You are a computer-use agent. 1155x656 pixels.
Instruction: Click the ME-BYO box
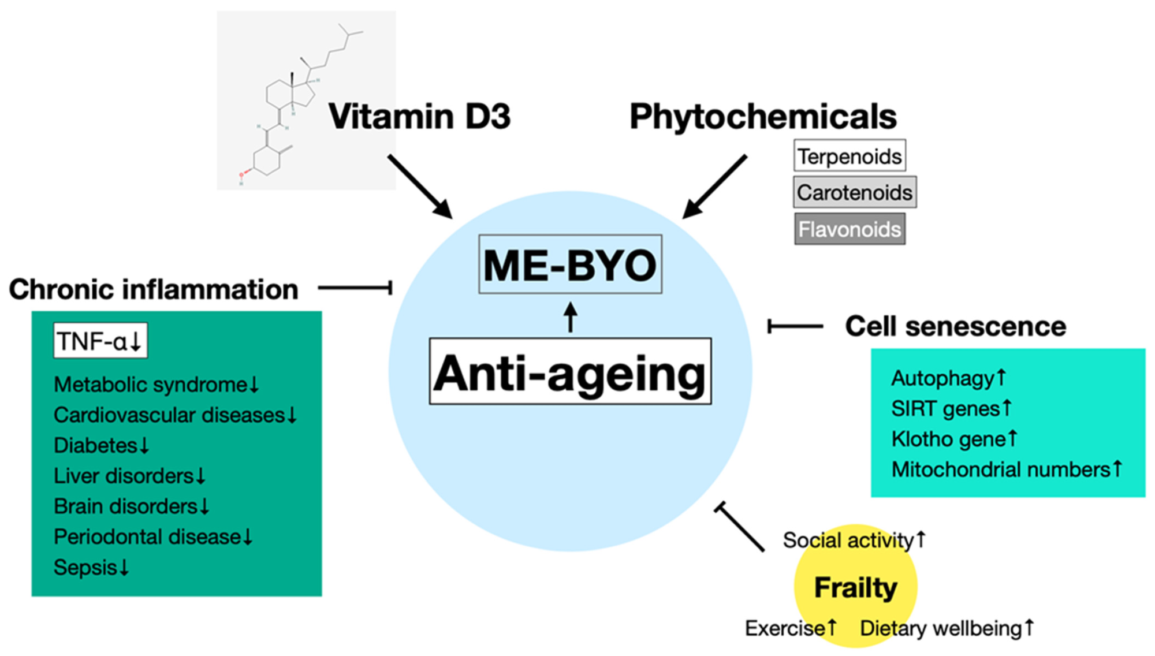(570, 264)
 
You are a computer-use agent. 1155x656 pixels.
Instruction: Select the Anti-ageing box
(570, 372)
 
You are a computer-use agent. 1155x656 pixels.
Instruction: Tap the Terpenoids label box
(849, 156)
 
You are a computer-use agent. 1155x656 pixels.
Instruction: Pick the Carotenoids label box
(854, 192)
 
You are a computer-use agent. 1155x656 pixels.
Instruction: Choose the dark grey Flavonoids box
(849, 229)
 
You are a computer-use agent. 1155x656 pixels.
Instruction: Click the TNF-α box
(100, 341)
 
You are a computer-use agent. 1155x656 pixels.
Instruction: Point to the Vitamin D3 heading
(419, 116)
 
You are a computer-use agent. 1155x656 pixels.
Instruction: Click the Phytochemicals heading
(762, 116)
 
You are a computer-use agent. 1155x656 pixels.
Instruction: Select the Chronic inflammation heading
(154, 289)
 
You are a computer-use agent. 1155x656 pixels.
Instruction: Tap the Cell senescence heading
(955, 326)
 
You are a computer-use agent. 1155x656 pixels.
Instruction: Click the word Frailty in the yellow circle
(855, 587)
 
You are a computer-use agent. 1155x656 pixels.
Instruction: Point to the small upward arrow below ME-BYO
(571, 317)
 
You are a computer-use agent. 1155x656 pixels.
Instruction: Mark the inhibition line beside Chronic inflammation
(355, 287)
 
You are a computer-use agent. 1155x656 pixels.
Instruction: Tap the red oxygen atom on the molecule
(242, 174)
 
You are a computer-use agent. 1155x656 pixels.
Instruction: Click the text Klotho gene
(948, 439)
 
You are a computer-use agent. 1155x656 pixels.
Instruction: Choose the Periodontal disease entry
(147, 536)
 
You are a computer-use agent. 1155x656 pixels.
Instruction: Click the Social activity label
(848, 540)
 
